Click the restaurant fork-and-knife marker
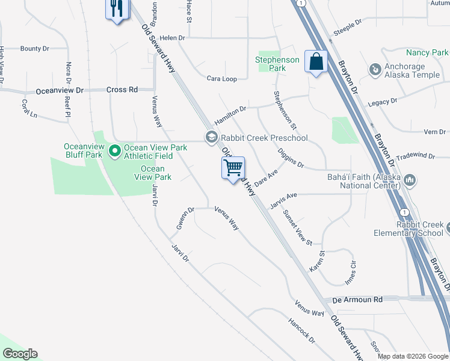[117, 9]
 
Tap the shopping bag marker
[316, 61]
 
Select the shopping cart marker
[233, 167]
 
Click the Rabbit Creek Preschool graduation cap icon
[211, 138]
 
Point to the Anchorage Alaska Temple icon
[375, 70]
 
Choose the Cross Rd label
[122, 90]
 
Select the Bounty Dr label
[34, 48]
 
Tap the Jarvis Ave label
[283, 200]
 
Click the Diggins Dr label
[292, 159]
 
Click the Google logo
[20, 354]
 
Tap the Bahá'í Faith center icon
[410, 180]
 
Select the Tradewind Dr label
[415, 155]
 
